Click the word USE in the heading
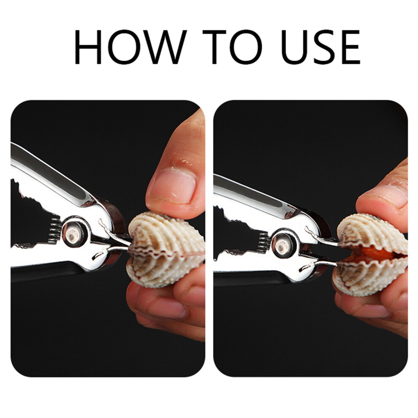click(320, 47)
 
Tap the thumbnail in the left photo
click(172, 186)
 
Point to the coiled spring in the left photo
click(55, 230)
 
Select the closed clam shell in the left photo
click(165, 250)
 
